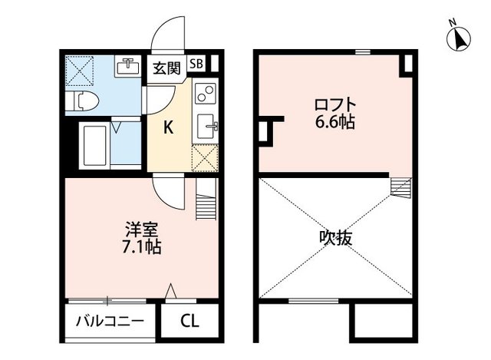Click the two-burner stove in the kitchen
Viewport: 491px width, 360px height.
pyautogui.click(x=206, y=96)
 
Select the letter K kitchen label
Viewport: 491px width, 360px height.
pyautogui.click(x=167, y=127)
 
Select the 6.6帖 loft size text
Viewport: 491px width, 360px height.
pyautogui.click(x=333, y=123)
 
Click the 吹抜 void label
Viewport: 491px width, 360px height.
pyautogui.click(x=336, y=238)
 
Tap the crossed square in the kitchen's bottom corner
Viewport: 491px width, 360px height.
pyautogui.click(x=205, y=158)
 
